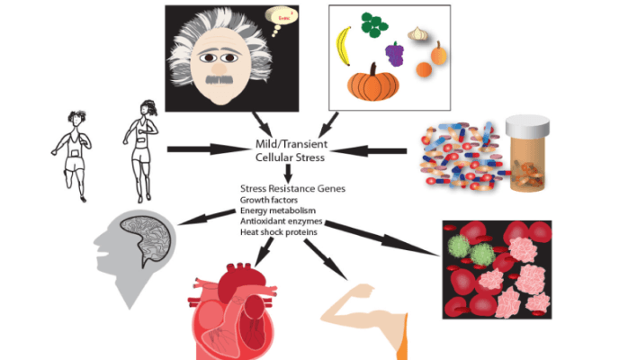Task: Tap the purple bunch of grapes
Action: (394, 54)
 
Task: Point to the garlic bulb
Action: (418, 33)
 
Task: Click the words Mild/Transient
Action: (287, 144)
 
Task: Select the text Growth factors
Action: (268, 200)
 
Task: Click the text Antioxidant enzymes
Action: (279, 221)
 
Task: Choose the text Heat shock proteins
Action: (275, 232)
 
